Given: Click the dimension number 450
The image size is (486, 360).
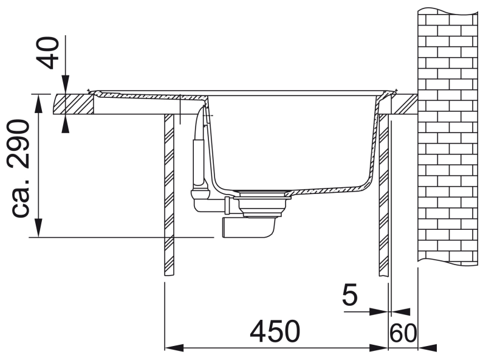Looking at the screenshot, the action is (x=275, y=331).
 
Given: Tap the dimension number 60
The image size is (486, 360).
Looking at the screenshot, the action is (x=403, y=333).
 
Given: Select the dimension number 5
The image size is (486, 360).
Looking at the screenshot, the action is (x=350, y=294).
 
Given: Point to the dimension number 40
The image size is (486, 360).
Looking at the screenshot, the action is (x=48, y=52).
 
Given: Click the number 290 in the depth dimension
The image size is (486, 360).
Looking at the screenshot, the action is (x=19, y=144).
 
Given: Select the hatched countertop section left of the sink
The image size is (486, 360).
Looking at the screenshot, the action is (x=74, y=104).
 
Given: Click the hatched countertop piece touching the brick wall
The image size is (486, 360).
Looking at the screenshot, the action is (x=405, y=104).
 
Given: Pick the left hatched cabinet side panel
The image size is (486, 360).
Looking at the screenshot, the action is (x=169, y=195).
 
